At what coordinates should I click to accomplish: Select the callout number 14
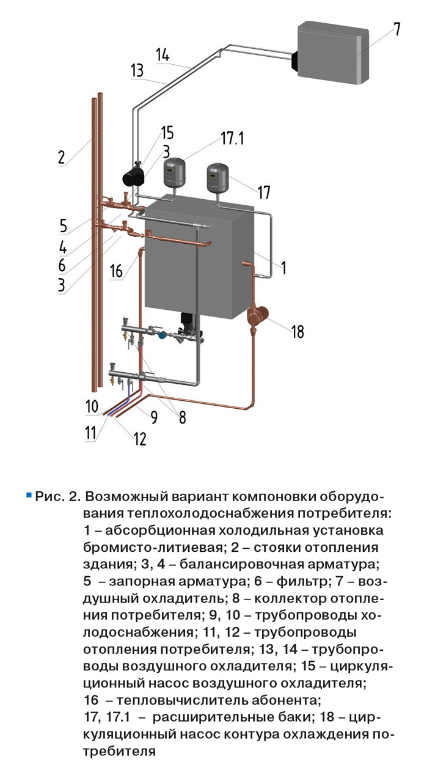coord(162,54)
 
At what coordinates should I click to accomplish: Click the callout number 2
coord(61,156)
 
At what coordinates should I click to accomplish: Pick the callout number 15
coord(167,133)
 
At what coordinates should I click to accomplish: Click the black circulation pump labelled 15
coord(133,176)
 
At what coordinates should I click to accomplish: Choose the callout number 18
coord(298,332)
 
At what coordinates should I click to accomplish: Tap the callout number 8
coord(181,419)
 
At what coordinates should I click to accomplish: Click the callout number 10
coord(91,406)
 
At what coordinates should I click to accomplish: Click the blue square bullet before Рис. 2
coord(28,493)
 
